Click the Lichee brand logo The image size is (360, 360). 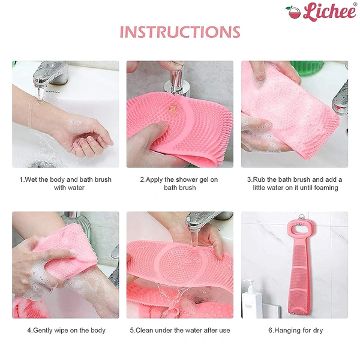tap(320, 11)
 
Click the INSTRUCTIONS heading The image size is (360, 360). tap(180, 32)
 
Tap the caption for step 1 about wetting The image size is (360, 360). tap(65, 184)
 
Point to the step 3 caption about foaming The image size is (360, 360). tap(295, 184)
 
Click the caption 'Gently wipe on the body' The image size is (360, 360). tap(66, 330)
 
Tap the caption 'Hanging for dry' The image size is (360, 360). tap(295, 330)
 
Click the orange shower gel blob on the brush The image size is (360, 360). tap(175, 109)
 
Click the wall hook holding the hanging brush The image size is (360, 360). tap(301, 218)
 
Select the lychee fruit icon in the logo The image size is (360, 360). tap(293, 12)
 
